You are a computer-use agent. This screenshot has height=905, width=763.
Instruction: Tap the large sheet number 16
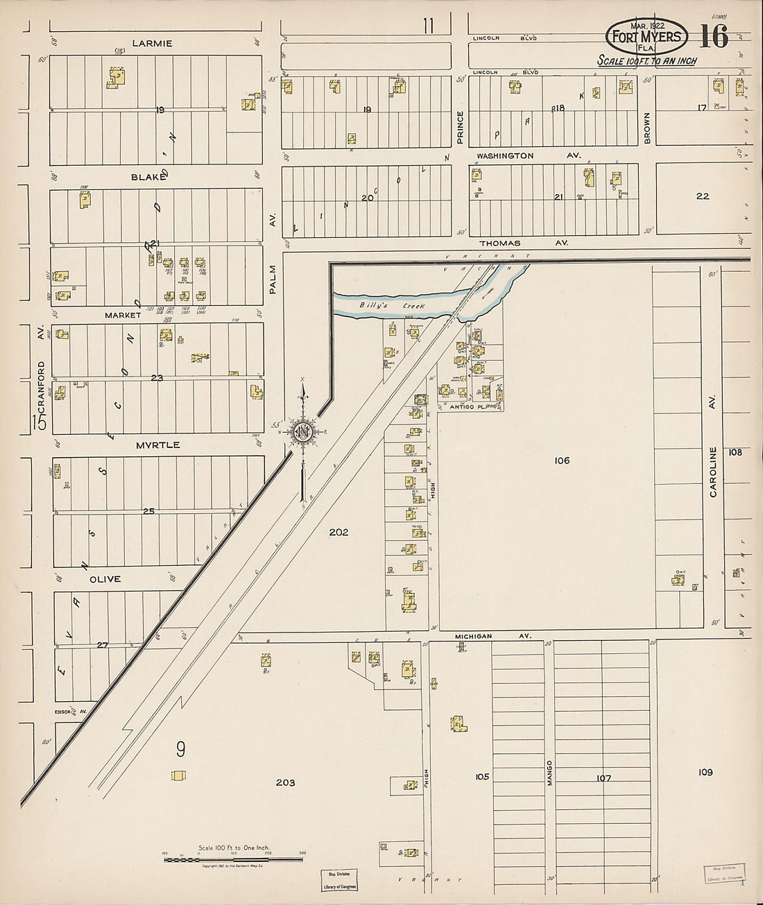click(x=714, y=36)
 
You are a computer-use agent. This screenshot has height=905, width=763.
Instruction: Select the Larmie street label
click(x=155, y=43)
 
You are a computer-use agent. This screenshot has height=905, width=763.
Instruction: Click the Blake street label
click(x=148, y=177)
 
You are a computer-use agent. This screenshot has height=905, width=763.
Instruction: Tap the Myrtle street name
click(x=158, y=445)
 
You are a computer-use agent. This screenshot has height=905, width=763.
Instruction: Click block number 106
click(x=562, y=460)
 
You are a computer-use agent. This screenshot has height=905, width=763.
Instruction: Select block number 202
click(x=338, y=533)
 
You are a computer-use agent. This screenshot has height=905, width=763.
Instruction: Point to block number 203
click(x=285, y=782)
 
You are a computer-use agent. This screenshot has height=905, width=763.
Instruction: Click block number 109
click(x=705, y=772)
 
